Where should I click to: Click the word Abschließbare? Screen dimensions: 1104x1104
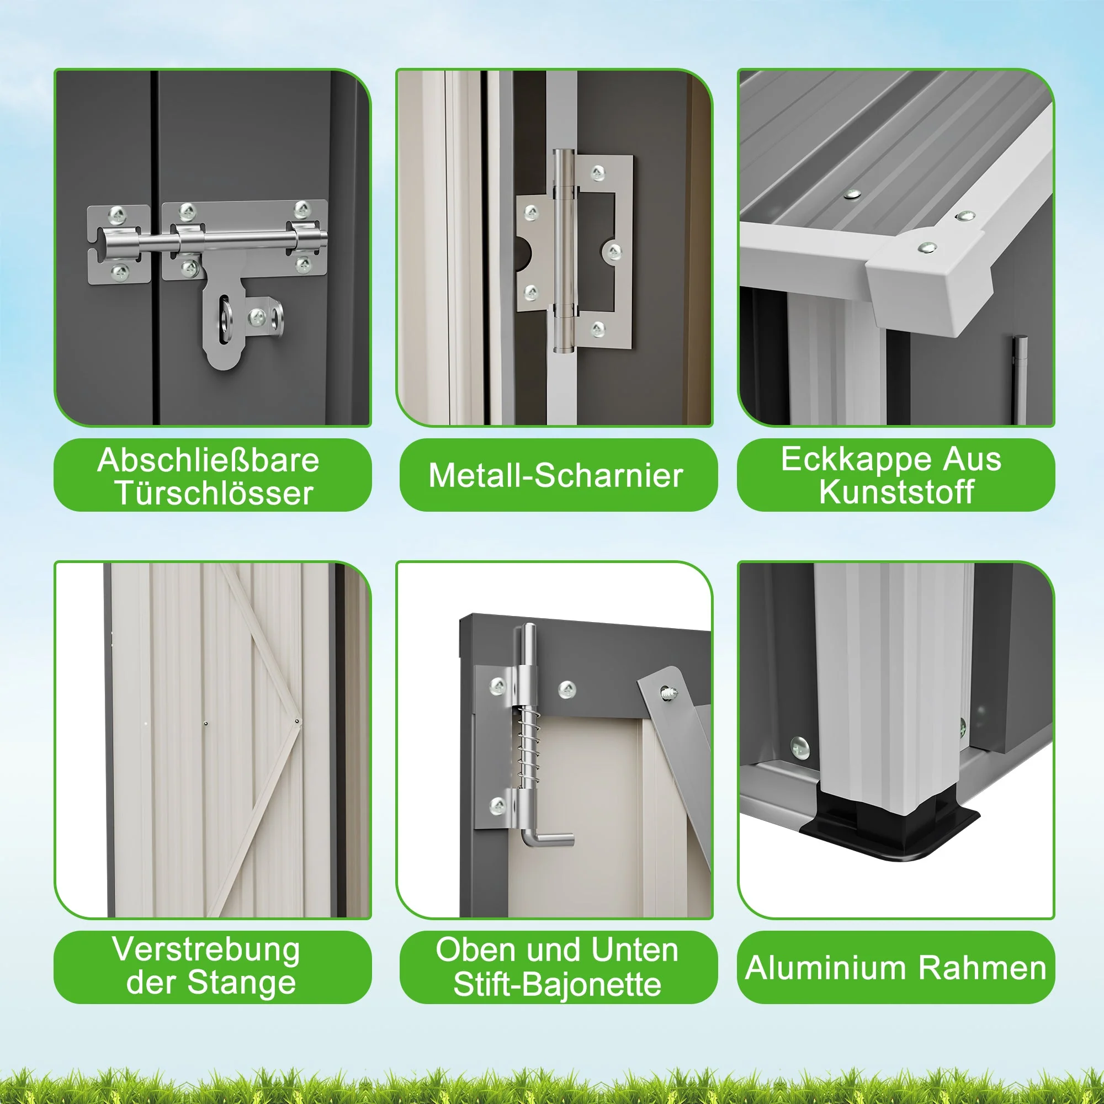tap(208, 460)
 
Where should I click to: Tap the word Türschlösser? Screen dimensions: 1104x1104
tap(214, 492)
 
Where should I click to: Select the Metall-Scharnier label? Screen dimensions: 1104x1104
tap(555, 475)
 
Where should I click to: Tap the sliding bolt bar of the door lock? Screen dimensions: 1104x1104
tap(217, 240)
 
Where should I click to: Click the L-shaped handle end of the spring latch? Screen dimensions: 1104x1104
tap(547, 841)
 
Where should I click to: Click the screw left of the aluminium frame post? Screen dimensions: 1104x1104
tap(799, 748)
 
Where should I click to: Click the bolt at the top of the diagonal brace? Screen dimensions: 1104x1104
tap(666, 693)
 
